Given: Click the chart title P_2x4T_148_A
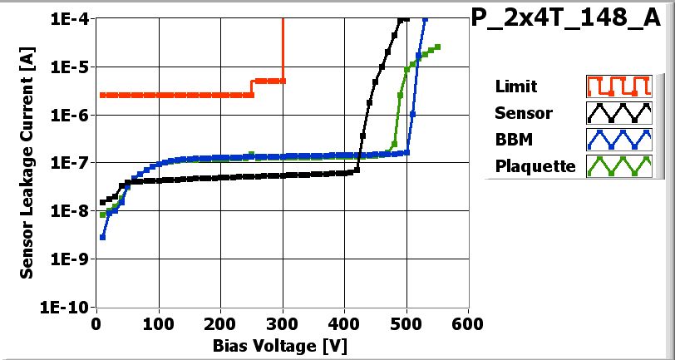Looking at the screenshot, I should point(571,20).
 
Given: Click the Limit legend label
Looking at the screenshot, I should point(515,86).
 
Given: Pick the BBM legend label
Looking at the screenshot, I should point(513,139).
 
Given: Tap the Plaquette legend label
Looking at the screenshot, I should point(535,165).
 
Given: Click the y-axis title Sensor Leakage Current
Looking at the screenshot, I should point(27,163).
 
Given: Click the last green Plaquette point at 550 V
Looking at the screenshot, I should point(438,47).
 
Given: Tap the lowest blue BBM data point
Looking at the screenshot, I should point(102,237).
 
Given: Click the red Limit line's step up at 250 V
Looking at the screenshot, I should point(252,88).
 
